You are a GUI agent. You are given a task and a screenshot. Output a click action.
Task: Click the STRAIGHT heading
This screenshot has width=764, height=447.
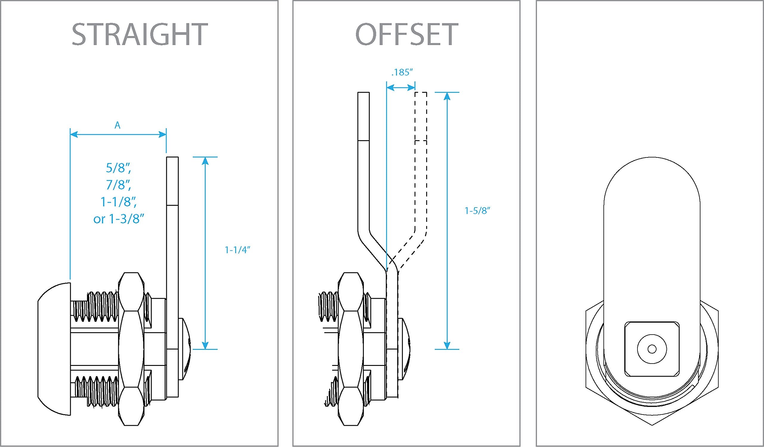139,35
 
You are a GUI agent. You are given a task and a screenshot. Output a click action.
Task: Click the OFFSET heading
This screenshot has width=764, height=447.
406,35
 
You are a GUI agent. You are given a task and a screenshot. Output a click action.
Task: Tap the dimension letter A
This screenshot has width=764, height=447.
117,125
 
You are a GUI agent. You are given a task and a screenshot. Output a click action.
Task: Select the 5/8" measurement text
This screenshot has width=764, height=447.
118,168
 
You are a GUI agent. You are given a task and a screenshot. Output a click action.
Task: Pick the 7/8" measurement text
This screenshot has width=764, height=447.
118,185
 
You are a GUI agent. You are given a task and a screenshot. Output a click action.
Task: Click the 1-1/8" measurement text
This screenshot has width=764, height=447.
118,202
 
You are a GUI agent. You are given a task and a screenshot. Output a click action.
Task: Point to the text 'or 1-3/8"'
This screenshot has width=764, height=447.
118,219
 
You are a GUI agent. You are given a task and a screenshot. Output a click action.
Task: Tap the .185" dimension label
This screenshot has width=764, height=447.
402,72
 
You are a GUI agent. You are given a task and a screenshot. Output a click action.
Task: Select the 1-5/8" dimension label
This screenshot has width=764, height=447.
478,211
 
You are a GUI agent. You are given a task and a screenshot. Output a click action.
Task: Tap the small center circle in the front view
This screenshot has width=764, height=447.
652,349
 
